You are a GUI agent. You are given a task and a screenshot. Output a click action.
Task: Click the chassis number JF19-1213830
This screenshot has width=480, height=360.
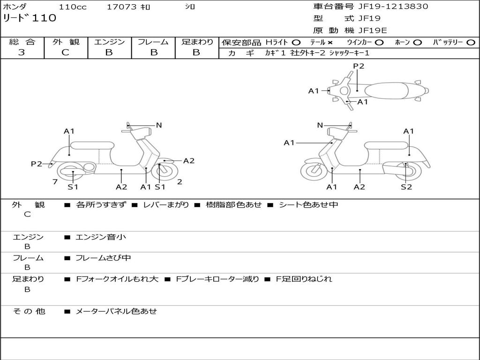coord(393,7)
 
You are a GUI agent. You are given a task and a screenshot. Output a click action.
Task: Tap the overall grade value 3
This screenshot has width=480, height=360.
coord(22,52)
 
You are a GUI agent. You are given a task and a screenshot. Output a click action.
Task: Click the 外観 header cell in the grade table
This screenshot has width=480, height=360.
coord(66,42)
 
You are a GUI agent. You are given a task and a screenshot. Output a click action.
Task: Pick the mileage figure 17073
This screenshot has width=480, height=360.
coord(121,7)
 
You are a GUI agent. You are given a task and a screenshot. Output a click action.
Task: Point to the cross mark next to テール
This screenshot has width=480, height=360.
coord(330,43)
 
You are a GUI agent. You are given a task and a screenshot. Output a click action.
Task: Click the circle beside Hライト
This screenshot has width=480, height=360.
coord(296,43)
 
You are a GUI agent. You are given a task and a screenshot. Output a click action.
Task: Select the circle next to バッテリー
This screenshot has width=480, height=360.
coord(471,43)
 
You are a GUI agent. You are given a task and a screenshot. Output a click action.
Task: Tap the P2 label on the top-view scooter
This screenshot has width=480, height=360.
coord(359,66)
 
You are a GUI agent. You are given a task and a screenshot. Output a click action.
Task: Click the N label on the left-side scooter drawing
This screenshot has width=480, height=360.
coord(159,125)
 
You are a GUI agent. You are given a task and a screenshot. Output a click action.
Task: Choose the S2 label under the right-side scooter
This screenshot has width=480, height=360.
coord(406,187)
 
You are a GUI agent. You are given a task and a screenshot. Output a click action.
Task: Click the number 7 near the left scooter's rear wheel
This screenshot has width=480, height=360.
coord(55,182)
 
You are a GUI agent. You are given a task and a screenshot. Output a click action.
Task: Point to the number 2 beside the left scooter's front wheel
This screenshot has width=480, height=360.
coord(180,182)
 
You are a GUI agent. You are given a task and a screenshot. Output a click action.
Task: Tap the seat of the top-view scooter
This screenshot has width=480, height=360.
coord(386,91)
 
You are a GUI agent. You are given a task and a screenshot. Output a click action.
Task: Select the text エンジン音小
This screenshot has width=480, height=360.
coord(101,237)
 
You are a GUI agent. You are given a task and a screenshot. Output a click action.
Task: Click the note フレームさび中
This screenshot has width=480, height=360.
coord(103,258)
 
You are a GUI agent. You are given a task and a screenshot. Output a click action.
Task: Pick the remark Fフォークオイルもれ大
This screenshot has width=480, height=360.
coord(117,279)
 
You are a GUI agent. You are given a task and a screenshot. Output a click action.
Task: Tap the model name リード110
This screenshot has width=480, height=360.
coord(30,18)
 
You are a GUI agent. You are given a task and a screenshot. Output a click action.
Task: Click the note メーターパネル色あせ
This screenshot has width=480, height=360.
coord(116,311)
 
